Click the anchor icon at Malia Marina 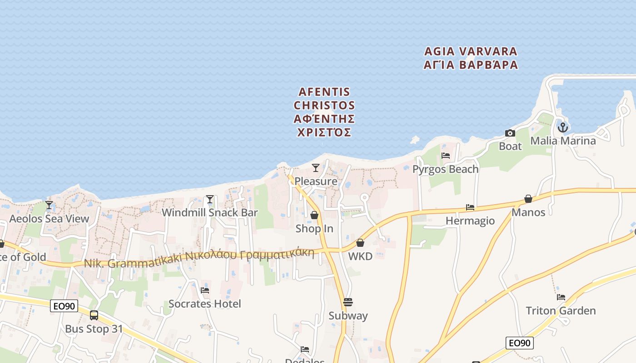click(563, 128)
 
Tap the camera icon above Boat click(510, 133)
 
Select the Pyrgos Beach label click(445, 169)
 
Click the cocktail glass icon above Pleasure click(316, 168)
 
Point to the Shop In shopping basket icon click(314, 215)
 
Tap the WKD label click(360, 256)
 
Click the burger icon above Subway click(348, 302)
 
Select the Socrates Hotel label click(204, 304)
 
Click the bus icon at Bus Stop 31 click(94, 315)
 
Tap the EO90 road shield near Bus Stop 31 click(64, 306)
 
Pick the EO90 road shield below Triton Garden click(520, 343)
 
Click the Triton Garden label click(561, 311)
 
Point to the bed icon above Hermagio click(470, 207)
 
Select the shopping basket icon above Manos click(528, 199)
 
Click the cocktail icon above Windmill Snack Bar click(209, 199)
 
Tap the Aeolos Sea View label click(50, 219)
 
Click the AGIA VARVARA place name click(471, 51)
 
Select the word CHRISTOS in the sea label click(324, 105)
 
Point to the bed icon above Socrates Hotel click(205, 290)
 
